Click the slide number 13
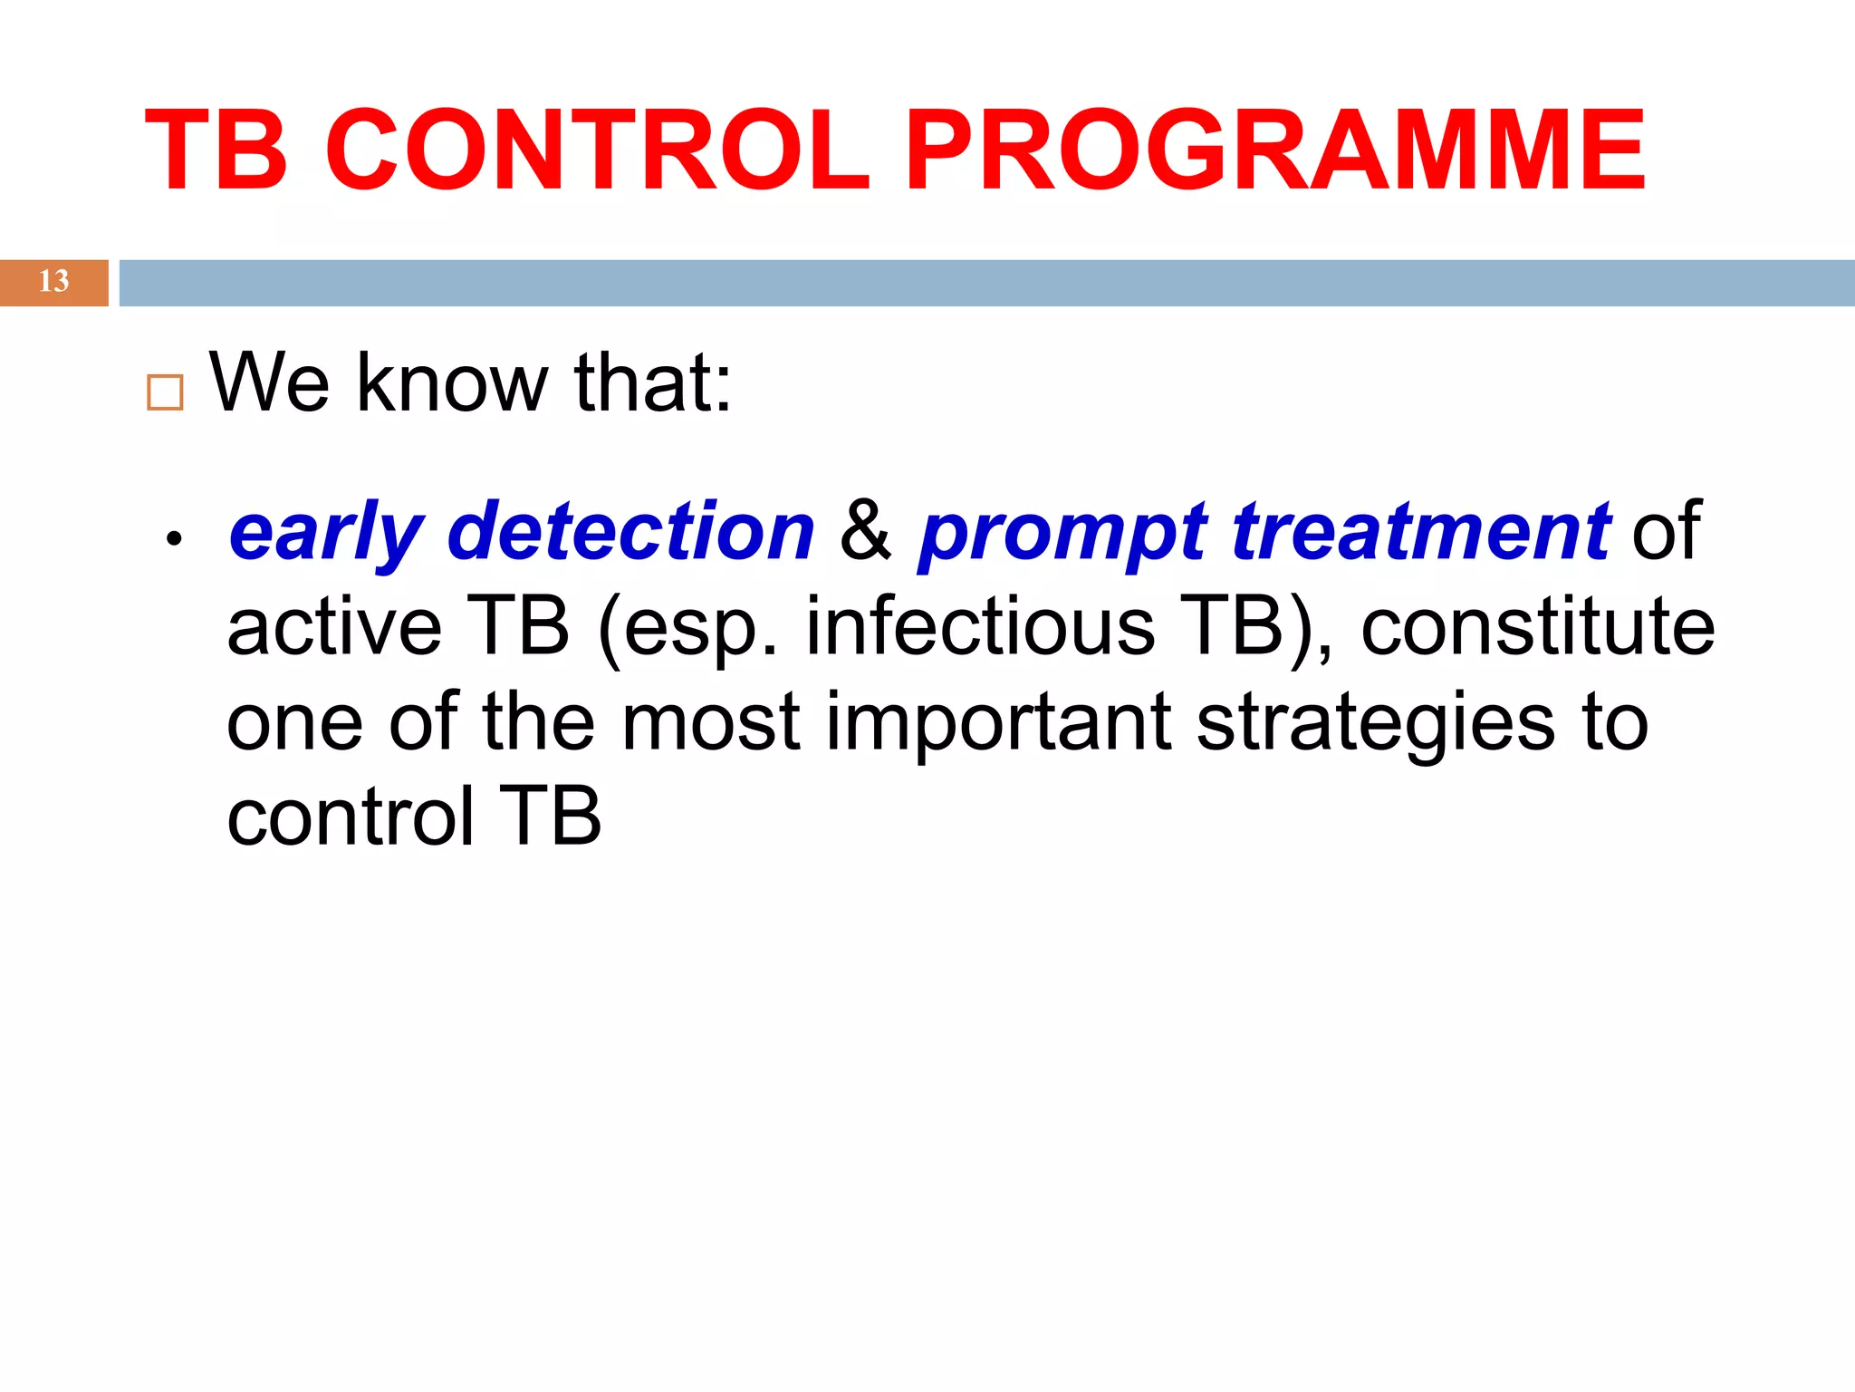click(53, 282)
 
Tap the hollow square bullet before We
click(165, 392)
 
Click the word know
click(452, 383)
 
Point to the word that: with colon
click(652, 383)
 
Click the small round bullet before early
click(174, 540)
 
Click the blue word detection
click(631, 533)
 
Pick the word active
click(333, 628)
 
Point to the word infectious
click(980, 628)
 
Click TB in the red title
click(216, 150)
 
